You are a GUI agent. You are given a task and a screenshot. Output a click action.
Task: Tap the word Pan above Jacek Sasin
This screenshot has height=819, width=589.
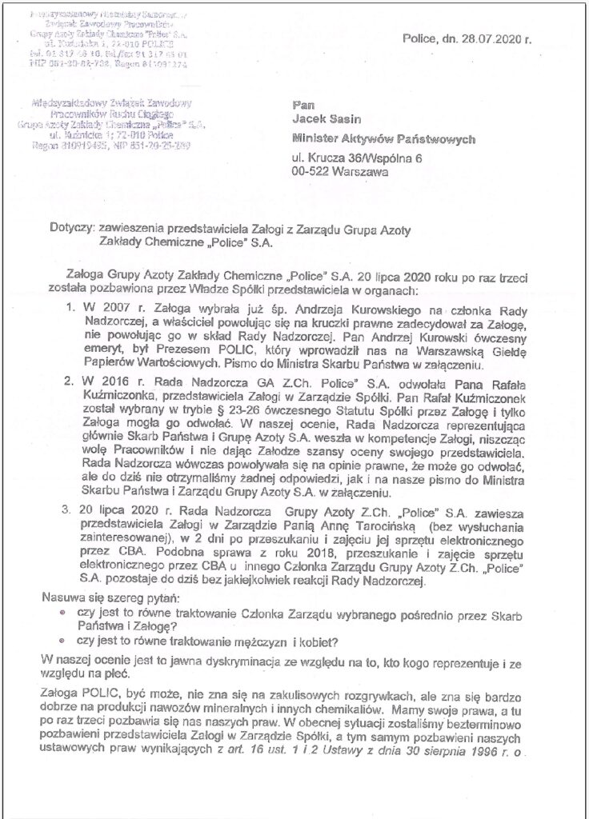pos(302,103)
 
